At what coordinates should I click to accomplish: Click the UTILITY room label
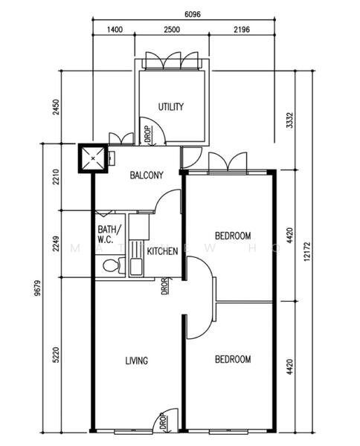click(x=171, y=107)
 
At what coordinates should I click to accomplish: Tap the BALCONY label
click(x=147, y=176)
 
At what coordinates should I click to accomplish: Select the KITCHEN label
click(x=162, y=251)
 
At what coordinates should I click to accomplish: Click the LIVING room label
click(x=136, y=361)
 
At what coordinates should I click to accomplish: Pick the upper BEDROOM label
click(x=233, y=236)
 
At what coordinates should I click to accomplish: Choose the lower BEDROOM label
click(x=233, y=359)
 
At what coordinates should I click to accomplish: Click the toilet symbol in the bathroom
click(x=111, y=265)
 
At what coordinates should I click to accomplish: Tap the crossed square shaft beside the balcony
click(x=93, y=157)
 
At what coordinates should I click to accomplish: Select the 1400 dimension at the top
click(x=115, y=29)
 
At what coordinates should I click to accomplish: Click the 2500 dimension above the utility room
click(x=171, y=29)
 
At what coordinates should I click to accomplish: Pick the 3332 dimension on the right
click(x=289, y=120)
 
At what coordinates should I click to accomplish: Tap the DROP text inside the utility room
click(x=148, y=135)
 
